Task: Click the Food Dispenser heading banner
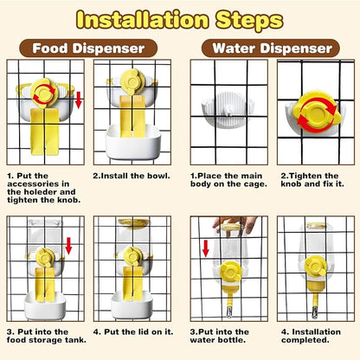pyautogui.click(x=88, y=48)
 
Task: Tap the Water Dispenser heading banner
pyautogui.click(x=271, y=48)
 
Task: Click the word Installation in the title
pyautogui.click(x=143, y=20)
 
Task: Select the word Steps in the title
pyautogui.click(x=249, y=21)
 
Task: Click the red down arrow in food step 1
pyautogui.click(x=79, y=100)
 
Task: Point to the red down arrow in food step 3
pyautogui.click(x=68, y=246)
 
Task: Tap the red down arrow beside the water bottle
pyautogui.click(x=205, y=248)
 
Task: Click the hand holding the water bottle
pyautogui.click(x=235, y=225)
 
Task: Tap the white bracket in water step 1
pyautogui.click(x=228, y=110)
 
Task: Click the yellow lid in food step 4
pyautogui.click(x=133, y=222)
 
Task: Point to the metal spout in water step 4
pyautogui.click(x=315, y=312)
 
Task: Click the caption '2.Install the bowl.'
pyautogui.click(x=132, y=176)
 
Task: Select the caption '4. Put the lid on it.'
pyautogui.click(x=133, y=331)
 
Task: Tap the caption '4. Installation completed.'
pyautogui.click(x=311, y=336)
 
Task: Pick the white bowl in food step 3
pyautogui.click(x=45, y=305)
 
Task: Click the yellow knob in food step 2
pyautogui.click(x=132, y=80)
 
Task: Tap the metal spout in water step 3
pyautogui.click(x=229, y=312)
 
